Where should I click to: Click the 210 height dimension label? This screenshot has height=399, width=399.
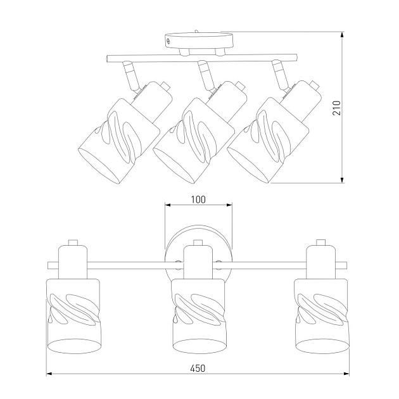[x=337, y=108]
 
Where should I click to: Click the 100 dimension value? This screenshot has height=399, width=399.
[x=198, y=199]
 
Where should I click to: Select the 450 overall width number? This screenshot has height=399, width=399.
[x=198, y=368]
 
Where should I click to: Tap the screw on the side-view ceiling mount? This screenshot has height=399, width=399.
[x=168, y=41]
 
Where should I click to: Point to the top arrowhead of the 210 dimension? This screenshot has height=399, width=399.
[x=343, y=35]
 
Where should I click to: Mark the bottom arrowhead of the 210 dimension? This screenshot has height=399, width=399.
[x=343, y=179]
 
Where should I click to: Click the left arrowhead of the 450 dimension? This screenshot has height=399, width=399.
[x=49, y=374]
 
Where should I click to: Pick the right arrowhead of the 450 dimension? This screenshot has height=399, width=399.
[x=346, y=374]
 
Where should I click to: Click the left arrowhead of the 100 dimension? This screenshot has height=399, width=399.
[x=168, y=205]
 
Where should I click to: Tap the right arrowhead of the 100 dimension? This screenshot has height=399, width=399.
[x=229, y=205]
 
